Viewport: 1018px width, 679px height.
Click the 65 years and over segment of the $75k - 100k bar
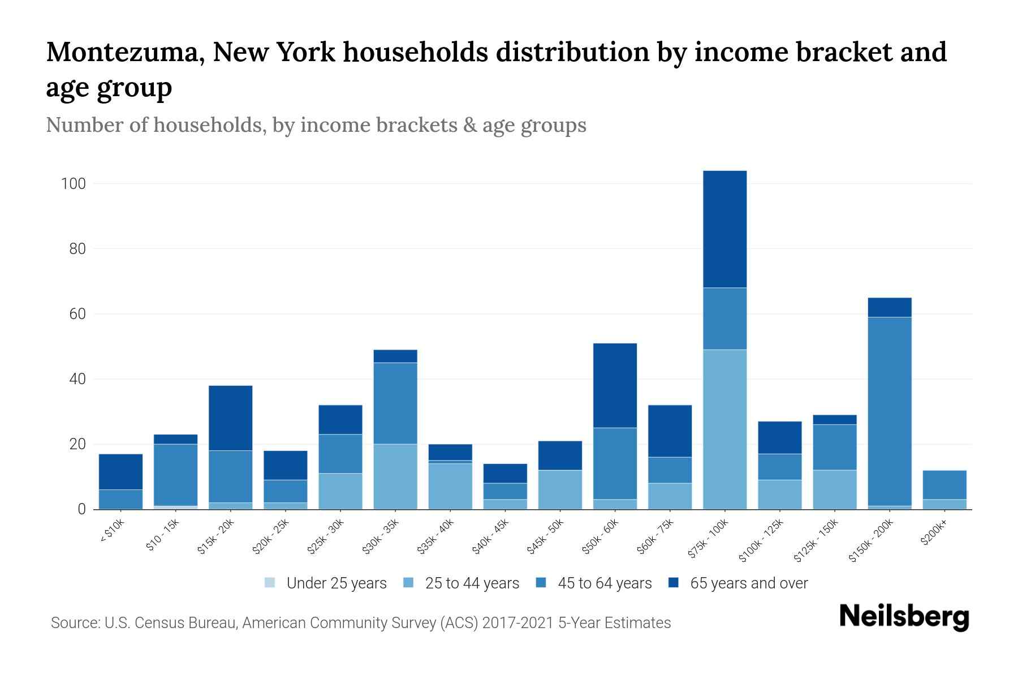click(724, 229)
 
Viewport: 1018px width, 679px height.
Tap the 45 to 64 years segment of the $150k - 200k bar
click(890, 411)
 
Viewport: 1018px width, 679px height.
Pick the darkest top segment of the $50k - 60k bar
click(615, 385)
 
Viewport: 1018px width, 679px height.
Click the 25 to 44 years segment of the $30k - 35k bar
click(395, 476)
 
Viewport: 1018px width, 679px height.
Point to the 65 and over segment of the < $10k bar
click(120, 471)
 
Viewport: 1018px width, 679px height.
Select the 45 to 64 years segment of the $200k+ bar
click(944, 484)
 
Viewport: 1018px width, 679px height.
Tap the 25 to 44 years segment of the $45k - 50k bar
click(560, 489)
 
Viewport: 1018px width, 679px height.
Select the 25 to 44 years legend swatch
click(409, 582)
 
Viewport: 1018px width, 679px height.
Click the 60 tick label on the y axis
click(77, 314)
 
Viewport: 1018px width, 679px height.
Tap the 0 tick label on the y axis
click(81, 509)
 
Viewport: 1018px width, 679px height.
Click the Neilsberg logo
click(903, 617)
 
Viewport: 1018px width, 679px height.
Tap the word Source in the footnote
click(74, 623)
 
